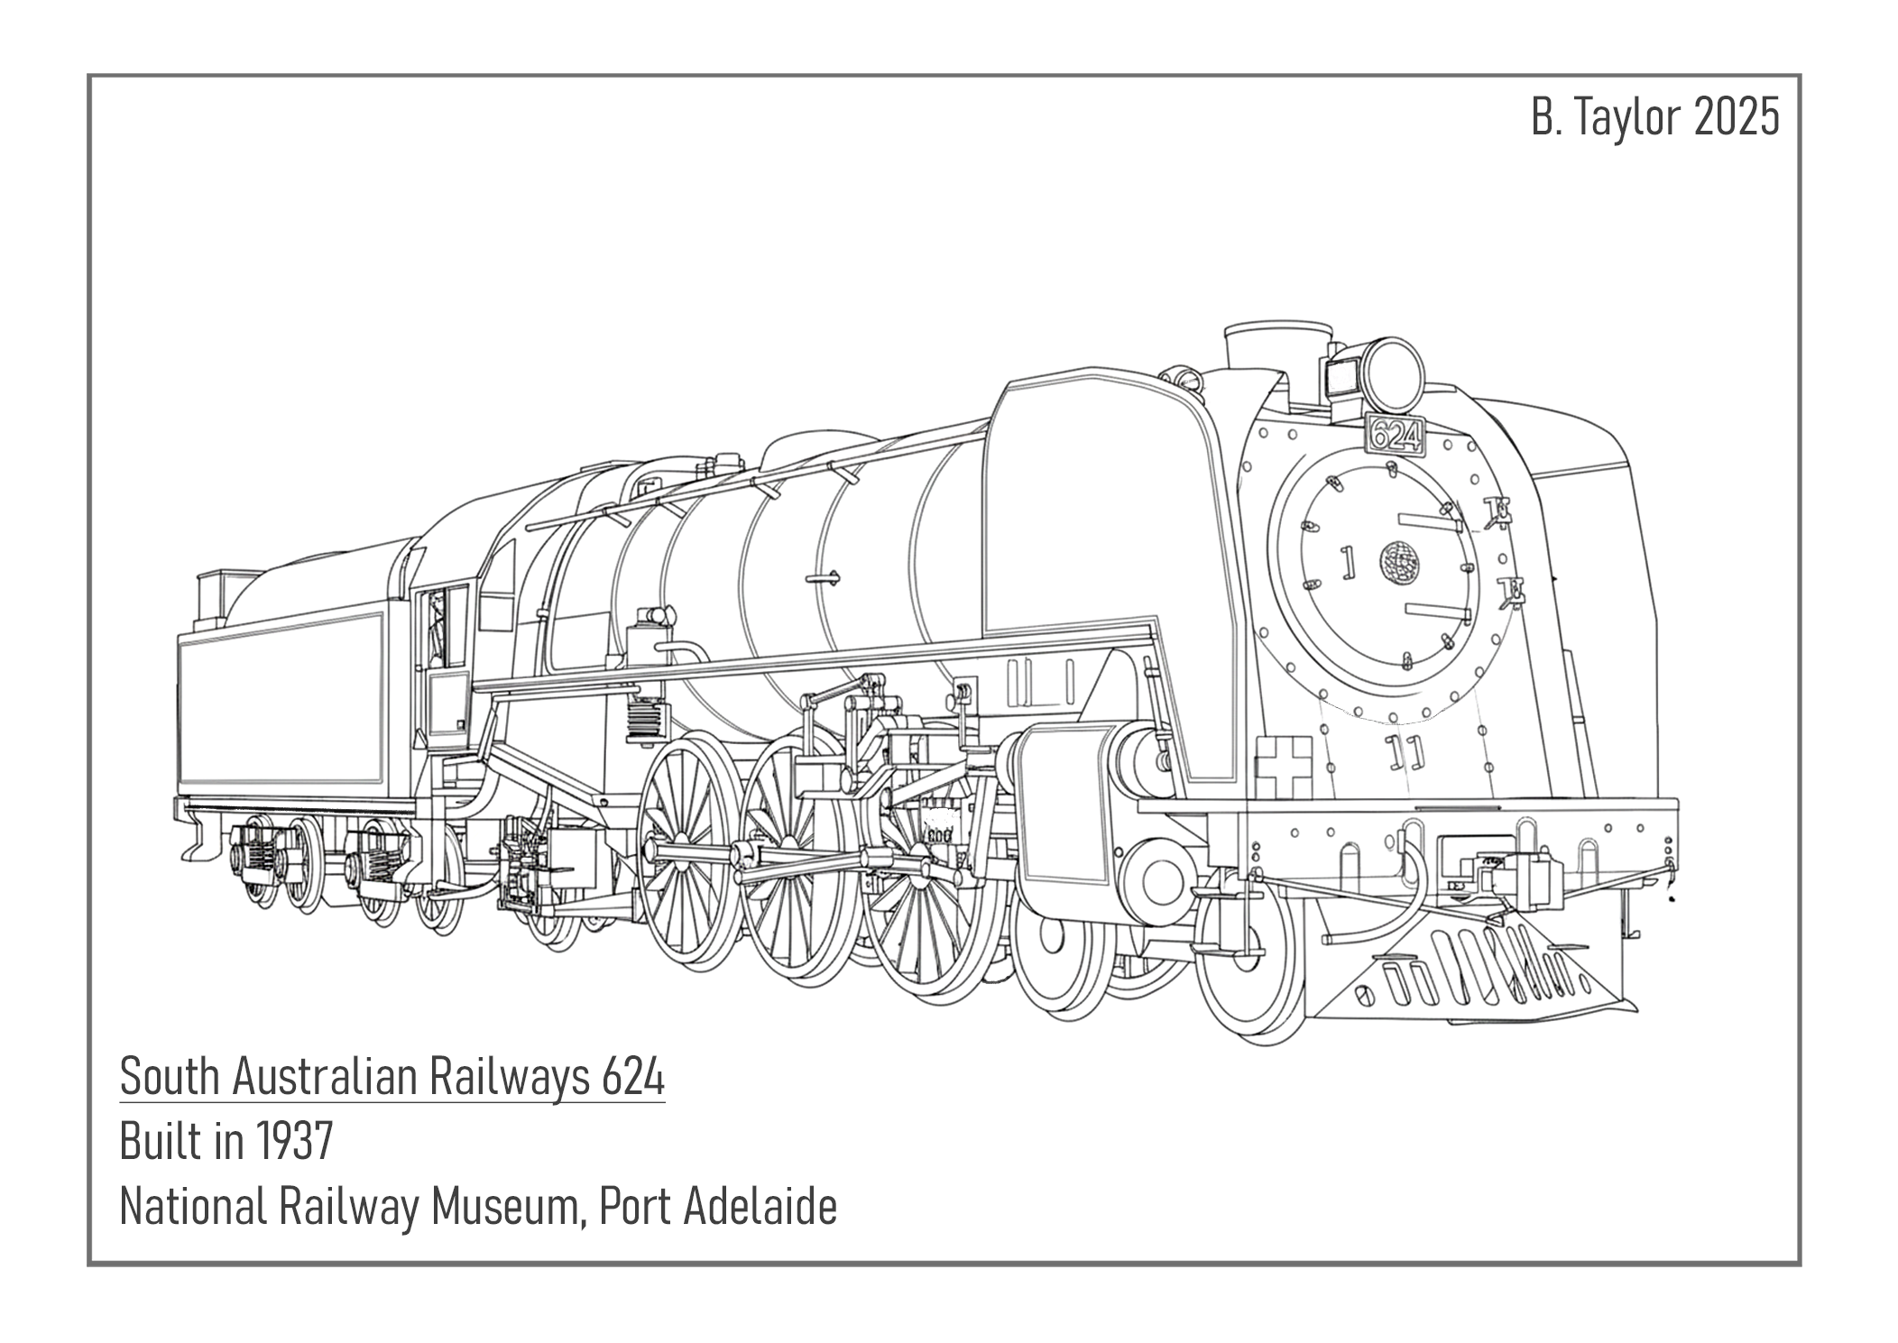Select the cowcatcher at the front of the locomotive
(1479, 974)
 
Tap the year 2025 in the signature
(1736, 118)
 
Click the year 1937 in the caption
(294, 1142)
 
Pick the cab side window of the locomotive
(439, 626)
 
